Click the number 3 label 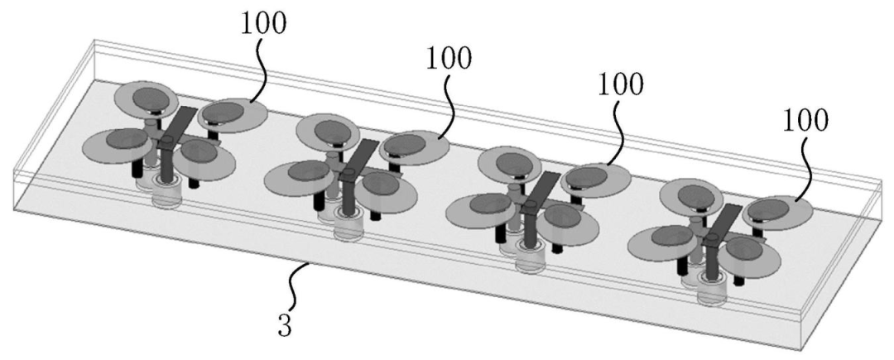285,326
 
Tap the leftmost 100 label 264,24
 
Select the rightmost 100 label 805,121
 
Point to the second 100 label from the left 449,58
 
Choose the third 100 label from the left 620,84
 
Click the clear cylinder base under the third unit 531,259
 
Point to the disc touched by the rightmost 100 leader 777,213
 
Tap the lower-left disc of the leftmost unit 118,146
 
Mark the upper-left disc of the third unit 508,164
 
